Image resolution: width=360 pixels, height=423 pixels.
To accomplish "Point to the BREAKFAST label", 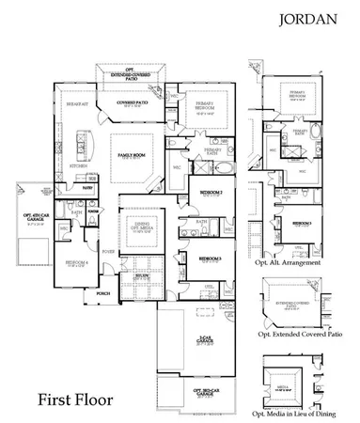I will click(x=77, y=104).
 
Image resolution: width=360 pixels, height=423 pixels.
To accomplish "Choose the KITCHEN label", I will click(x=78, y=165).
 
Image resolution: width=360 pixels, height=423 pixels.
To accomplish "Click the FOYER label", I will click(x=110, y=252).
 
